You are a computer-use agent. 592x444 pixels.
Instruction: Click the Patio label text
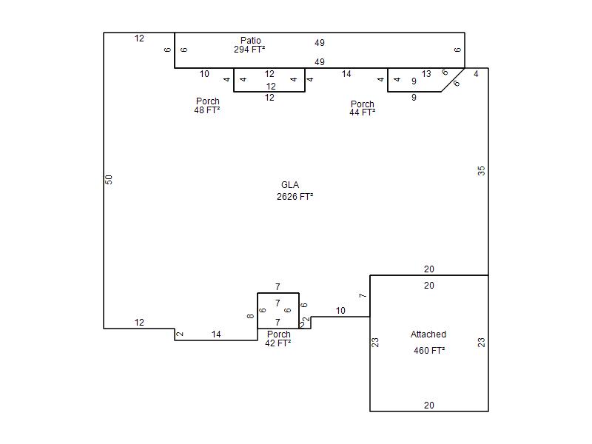click(x=251, y=41)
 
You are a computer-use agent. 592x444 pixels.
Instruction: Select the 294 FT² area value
click(x=249, y=50)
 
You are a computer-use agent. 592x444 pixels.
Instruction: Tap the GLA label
click(x=290, y=185)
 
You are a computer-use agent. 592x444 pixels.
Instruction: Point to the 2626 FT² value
click(x=295, y=197)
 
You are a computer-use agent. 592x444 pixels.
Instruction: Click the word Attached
click(x=428, y=334)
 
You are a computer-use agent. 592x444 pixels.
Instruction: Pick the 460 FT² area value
click(x=429, y=351)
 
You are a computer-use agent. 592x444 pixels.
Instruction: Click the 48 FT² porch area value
click(x=207, y=110)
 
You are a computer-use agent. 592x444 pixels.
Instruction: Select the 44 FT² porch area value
click(x=363, y=112)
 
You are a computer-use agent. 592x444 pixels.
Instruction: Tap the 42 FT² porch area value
click(x=278, y=343)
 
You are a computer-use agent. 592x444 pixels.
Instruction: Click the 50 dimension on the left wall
click(x=109, y=180)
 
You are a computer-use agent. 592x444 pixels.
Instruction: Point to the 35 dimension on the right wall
click(x=482, y=171)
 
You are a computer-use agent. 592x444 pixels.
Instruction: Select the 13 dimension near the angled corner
click(x=426, y=74)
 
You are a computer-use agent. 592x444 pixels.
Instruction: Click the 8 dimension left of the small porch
click(x=250, y=316)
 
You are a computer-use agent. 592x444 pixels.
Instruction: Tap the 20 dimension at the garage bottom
click(x=429, y=406)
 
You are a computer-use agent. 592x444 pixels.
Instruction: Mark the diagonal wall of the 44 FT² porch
click(x=453, y=80)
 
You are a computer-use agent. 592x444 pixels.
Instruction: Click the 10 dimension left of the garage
click(x=340, y=311)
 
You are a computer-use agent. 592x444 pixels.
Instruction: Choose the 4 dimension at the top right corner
click(x=476, y=74)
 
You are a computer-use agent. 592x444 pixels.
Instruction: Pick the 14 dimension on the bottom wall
click(x=216, y=334)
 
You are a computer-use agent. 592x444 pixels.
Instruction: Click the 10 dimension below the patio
click(x=204, y=74)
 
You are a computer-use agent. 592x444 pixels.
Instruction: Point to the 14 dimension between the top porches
click(x=346, y=74)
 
